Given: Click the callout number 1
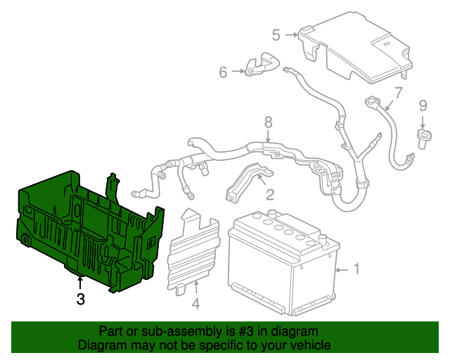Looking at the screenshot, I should [356, 268].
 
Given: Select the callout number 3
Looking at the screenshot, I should [80, 300].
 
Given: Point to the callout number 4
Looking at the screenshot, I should [196, 304].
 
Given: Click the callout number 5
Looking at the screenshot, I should [276, 34].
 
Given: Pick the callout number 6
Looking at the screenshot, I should [223, 71].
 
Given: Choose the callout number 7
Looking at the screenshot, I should [398, 92].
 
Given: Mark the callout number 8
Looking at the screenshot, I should [268, 122].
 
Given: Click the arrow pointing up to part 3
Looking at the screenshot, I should [80, 283].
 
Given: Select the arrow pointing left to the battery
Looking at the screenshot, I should [342, 269].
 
